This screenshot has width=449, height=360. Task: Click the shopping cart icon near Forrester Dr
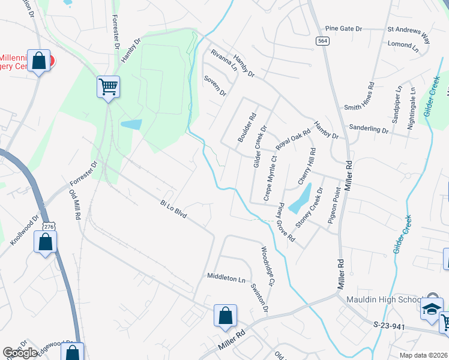(109, 87)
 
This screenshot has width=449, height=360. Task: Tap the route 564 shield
(323, 40)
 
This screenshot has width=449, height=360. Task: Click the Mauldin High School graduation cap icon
(430, 307)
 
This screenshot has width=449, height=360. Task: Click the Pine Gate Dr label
(343, 28)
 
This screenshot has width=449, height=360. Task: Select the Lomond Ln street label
(403, 44)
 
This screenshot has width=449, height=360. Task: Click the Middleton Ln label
(226, 278)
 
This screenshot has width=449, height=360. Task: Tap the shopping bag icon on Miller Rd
(225, 315)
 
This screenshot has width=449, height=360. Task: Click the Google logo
(20, 353)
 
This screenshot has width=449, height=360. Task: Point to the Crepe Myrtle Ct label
(270, 179)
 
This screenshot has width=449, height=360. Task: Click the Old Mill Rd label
(75, 205)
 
